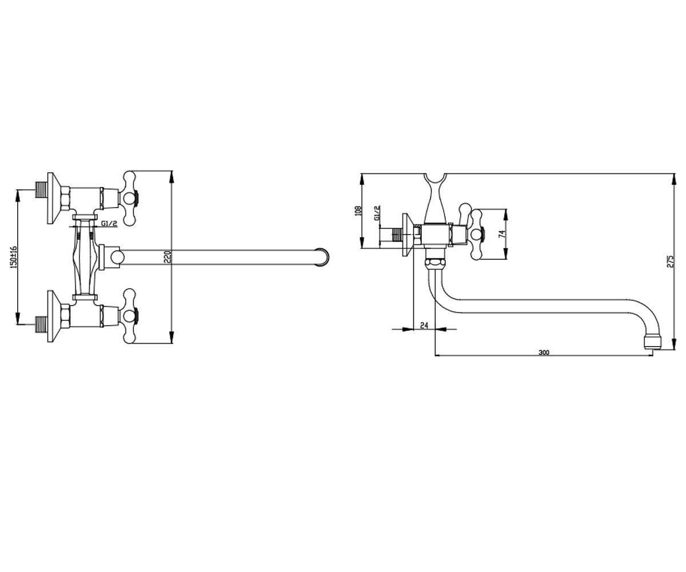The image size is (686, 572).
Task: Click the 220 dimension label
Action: [167, 257]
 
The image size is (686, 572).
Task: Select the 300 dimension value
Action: [544, 352]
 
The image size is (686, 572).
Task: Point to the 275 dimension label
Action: [670, 261]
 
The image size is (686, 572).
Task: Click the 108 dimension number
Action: [358, 210]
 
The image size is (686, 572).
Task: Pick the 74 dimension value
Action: [501, 234]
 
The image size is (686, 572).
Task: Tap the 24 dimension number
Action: [425, 325]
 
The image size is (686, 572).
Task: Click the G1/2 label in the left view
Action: [109, 224]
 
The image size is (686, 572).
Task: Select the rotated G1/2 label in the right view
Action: [377, 213]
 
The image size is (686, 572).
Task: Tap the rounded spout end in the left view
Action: [322, 257]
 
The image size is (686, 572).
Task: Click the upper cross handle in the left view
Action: [130, 198]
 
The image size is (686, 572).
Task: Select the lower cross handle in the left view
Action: [130, 316]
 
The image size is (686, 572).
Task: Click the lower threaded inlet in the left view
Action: [41, 324]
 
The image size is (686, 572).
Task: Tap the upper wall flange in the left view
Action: [54, 198]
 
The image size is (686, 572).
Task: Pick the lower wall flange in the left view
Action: [54, 316]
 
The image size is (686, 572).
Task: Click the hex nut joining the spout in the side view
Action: [434, 264]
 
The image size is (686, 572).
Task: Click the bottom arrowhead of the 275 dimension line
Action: [674, 344]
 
